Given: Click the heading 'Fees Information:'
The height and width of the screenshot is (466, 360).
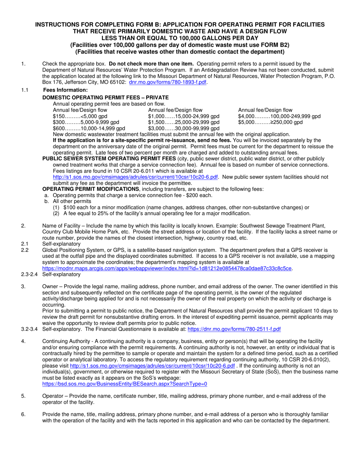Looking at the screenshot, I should [65, 90].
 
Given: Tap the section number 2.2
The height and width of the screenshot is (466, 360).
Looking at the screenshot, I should [25, 250].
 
